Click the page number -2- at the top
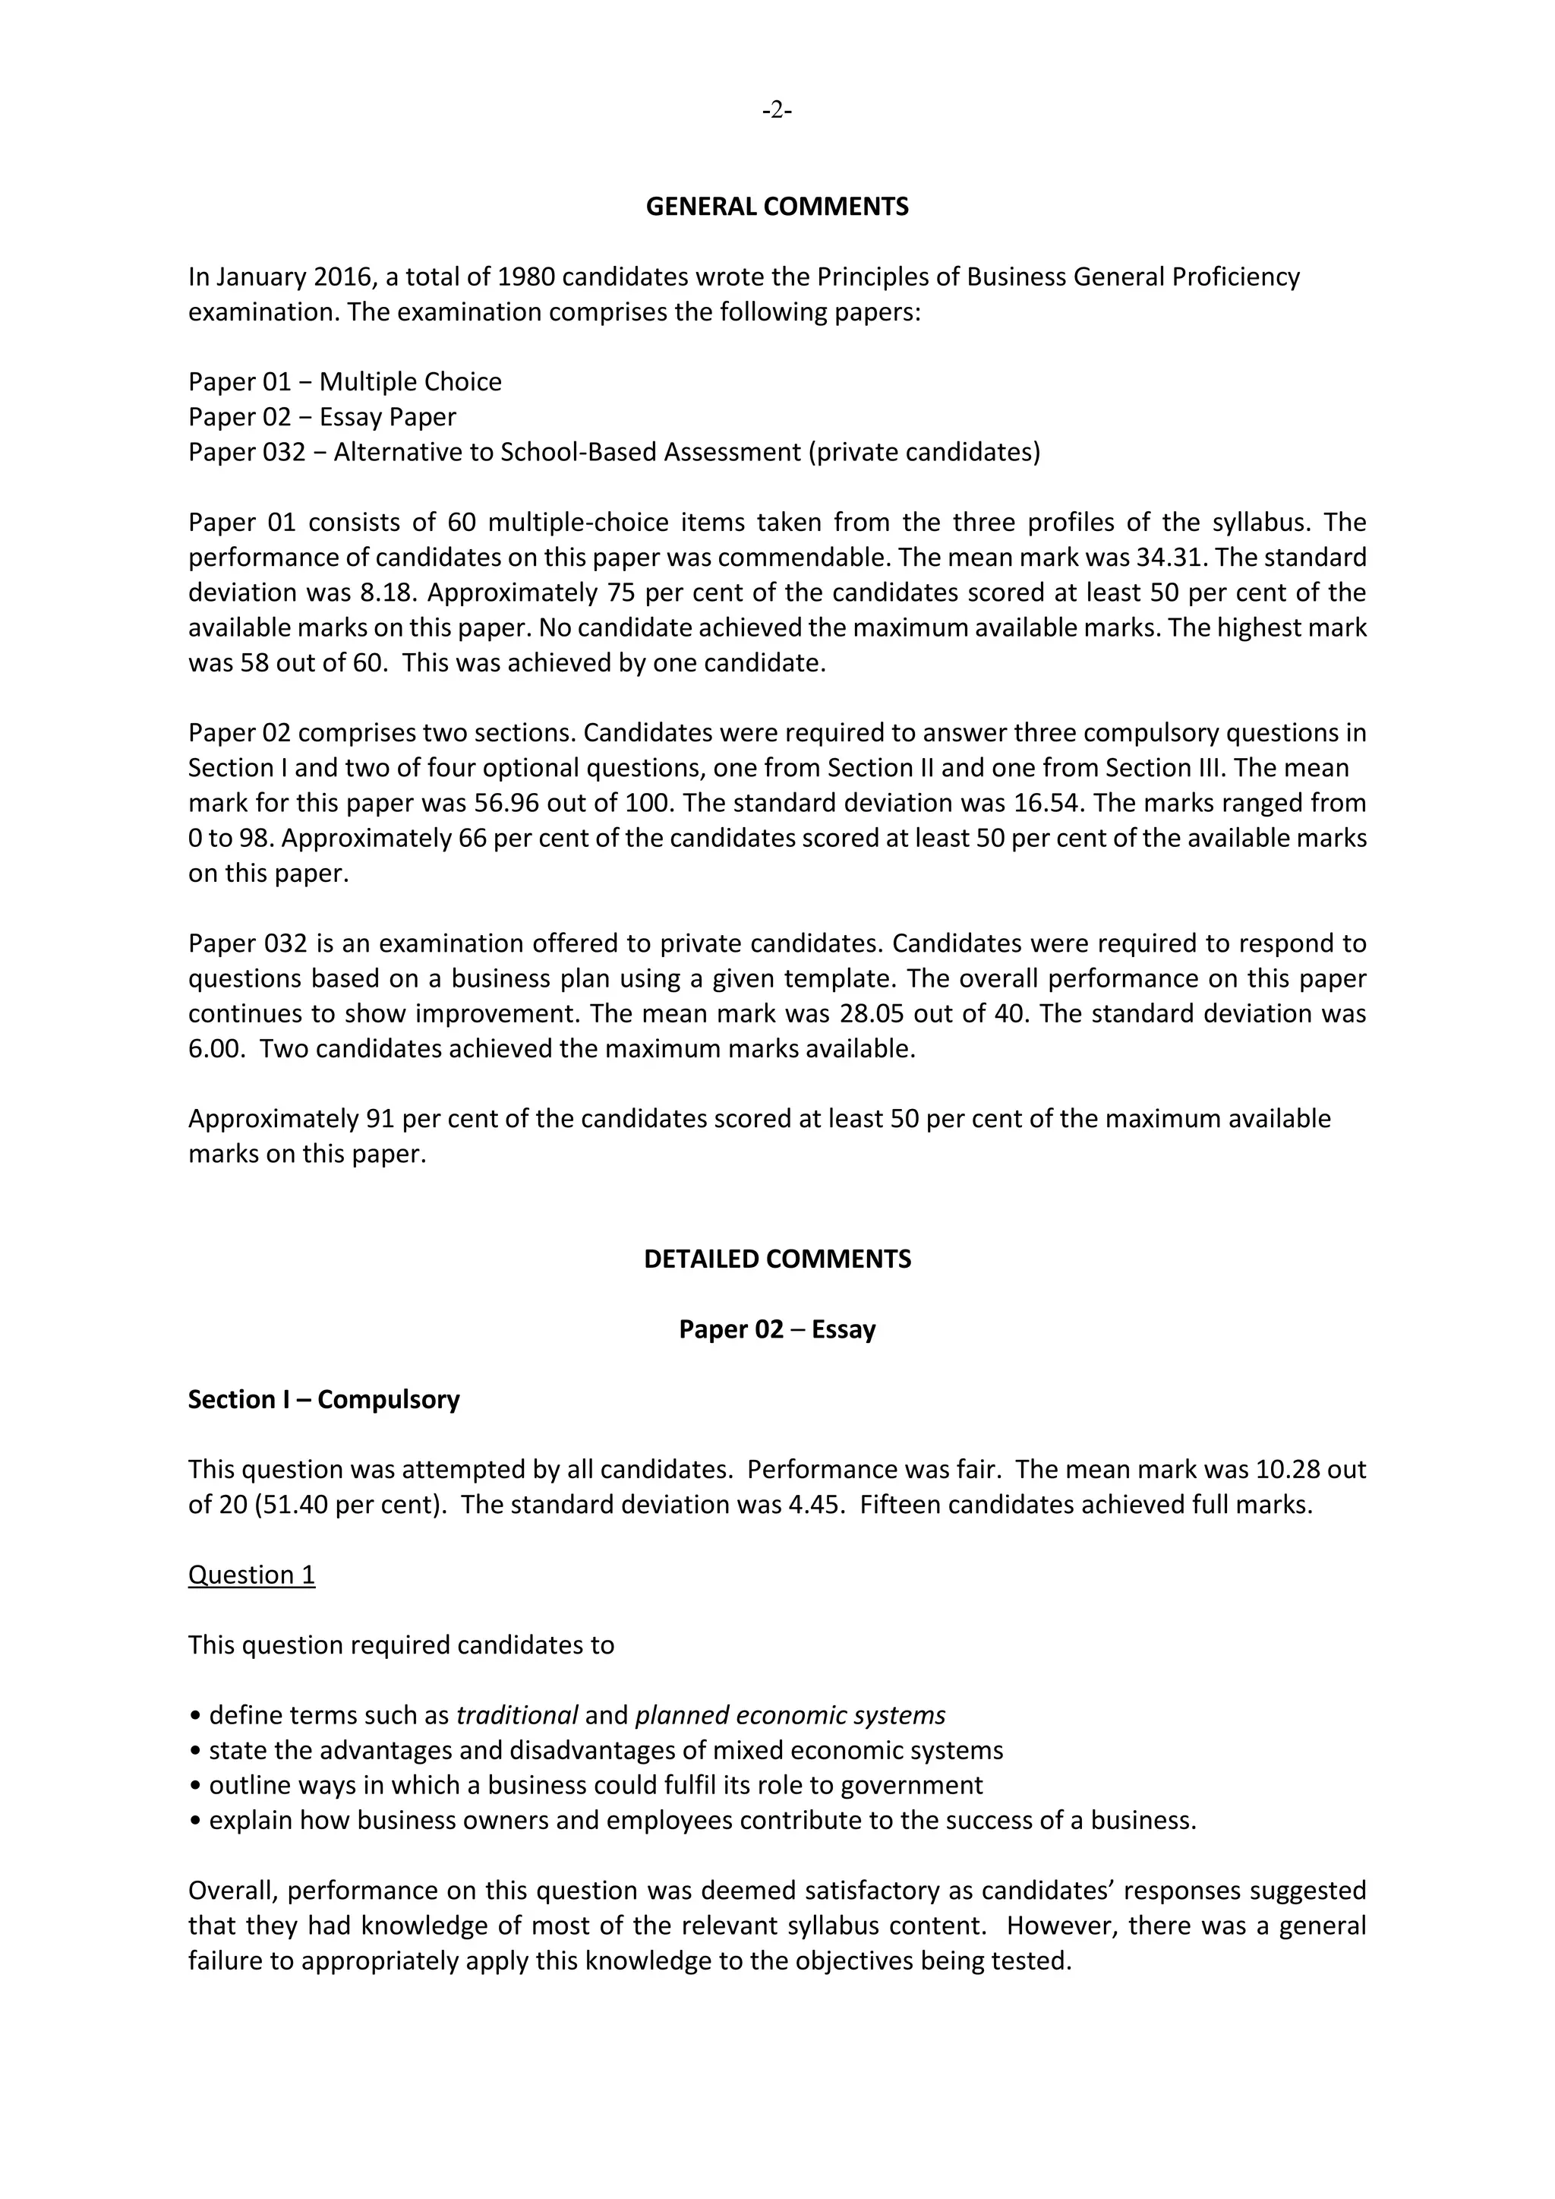pos(777,112)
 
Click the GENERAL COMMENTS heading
pos(777,207)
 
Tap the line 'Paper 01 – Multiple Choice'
pos(345,382)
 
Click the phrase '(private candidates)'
pos(924,452)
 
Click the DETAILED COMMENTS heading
pos(777,1259)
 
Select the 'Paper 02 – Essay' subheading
pos(777,1329)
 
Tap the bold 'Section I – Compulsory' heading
pos(323,1400)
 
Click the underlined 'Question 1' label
pos(252,1575)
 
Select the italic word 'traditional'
pos(517,1715)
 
